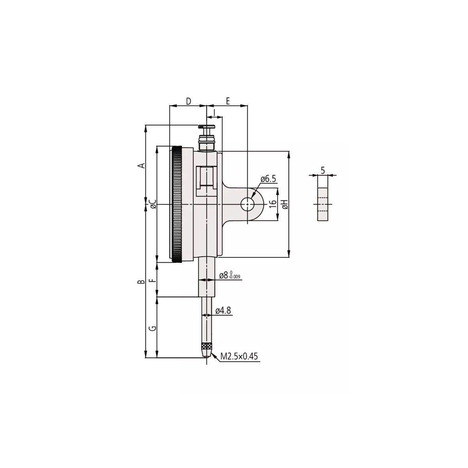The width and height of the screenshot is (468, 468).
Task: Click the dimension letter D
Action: (188, 101)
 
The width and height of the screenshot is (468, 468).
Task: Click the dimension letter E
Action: (227, 101)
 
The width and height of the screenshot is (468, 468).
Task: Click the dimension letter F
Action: (153, 281)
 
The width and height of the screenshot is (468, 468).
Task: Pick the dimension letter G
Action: (153, 328)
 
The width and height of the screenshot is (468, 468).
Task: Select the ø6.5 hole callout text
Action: (268, 179)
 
